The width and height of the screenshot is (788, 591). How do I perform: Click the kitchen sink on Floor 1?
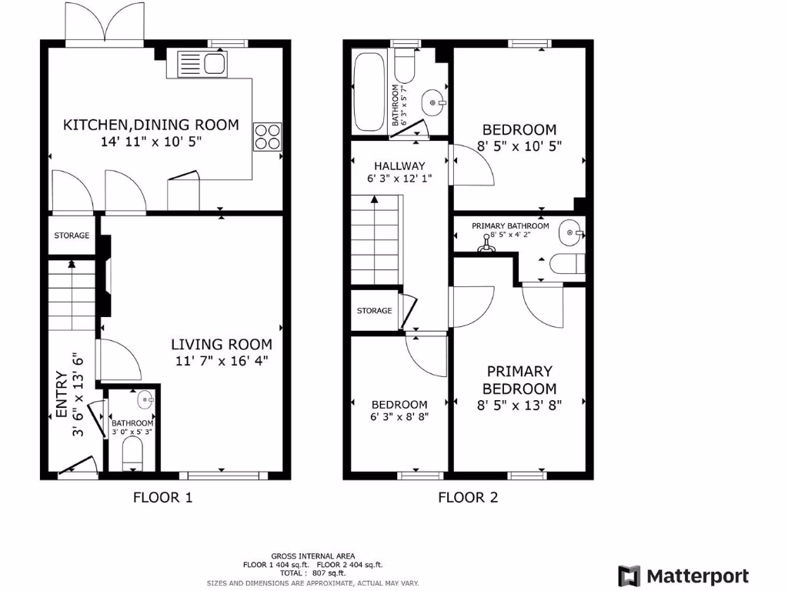(202, 63)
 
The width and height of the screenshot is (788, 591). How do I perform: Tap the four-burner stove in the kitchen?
(267, 137)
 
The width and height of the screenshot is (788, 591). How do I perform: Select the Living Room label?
(222, 344)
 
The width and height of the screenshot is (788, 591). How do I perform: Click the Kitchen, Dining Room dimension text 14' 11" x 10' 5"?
(151, 142)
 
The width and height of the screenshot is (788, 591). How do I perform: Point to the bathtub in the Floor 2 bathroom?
(368, 93)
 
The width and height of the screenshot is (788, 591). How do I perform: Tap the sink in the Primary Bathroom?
(570, 231)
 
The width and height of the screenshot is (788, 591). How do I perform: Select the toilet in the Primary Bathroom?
(566, 264)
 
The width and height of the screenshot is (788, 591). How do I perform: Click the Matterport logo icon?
(629, 576)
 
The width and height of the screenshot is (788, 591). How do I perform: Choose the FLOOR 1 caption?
(162, 497)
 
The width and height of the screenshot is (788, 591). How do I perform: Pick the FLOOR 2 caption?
(468, 497)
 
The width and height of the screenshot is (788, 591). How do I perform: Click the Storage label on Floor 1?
(72, 235)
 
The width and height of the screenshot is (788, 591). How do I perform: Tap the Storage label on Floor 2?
(374, 311)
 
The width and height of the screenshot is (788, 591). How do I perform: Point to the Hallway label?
(399, 165)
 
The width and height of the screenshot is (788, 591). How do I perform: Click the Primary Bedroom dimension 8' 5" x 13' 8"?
(520, 406)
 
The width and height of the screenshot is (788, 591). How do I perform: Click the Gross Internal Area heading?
(312, 556)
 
